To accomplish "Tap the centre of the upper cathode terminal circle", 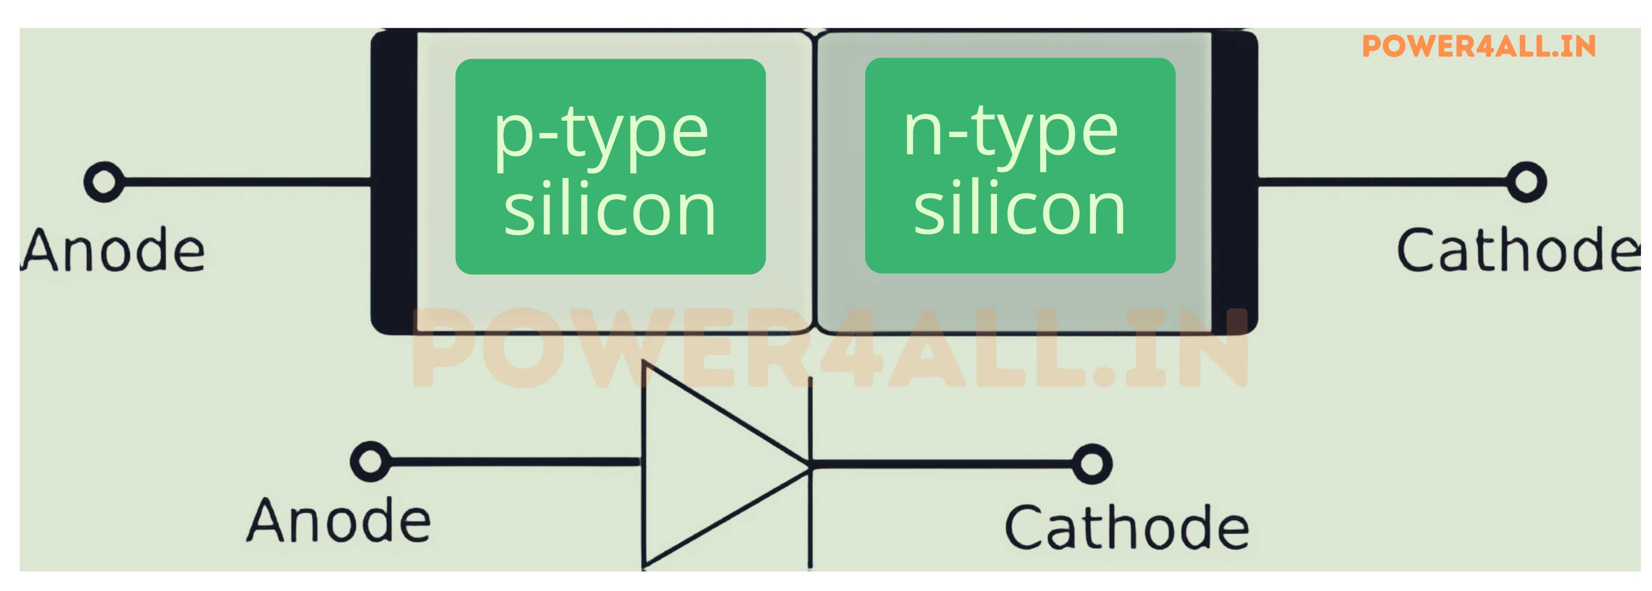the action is (1526, 182).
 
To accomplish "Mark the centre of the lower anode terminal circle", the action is (371, 461).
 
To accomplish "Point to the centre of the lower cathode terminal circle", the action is (1092, 464).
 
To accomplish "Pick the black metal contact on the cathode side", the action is (1234, 182).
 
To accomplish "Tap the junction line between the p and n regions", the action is (813, 182).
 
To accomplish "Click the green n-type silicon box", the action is (1020, 166).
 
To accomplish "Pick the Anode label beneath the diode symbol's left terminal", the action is (339, 521).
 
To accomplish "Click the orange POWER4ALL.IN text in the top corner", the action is (1479, 46).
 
